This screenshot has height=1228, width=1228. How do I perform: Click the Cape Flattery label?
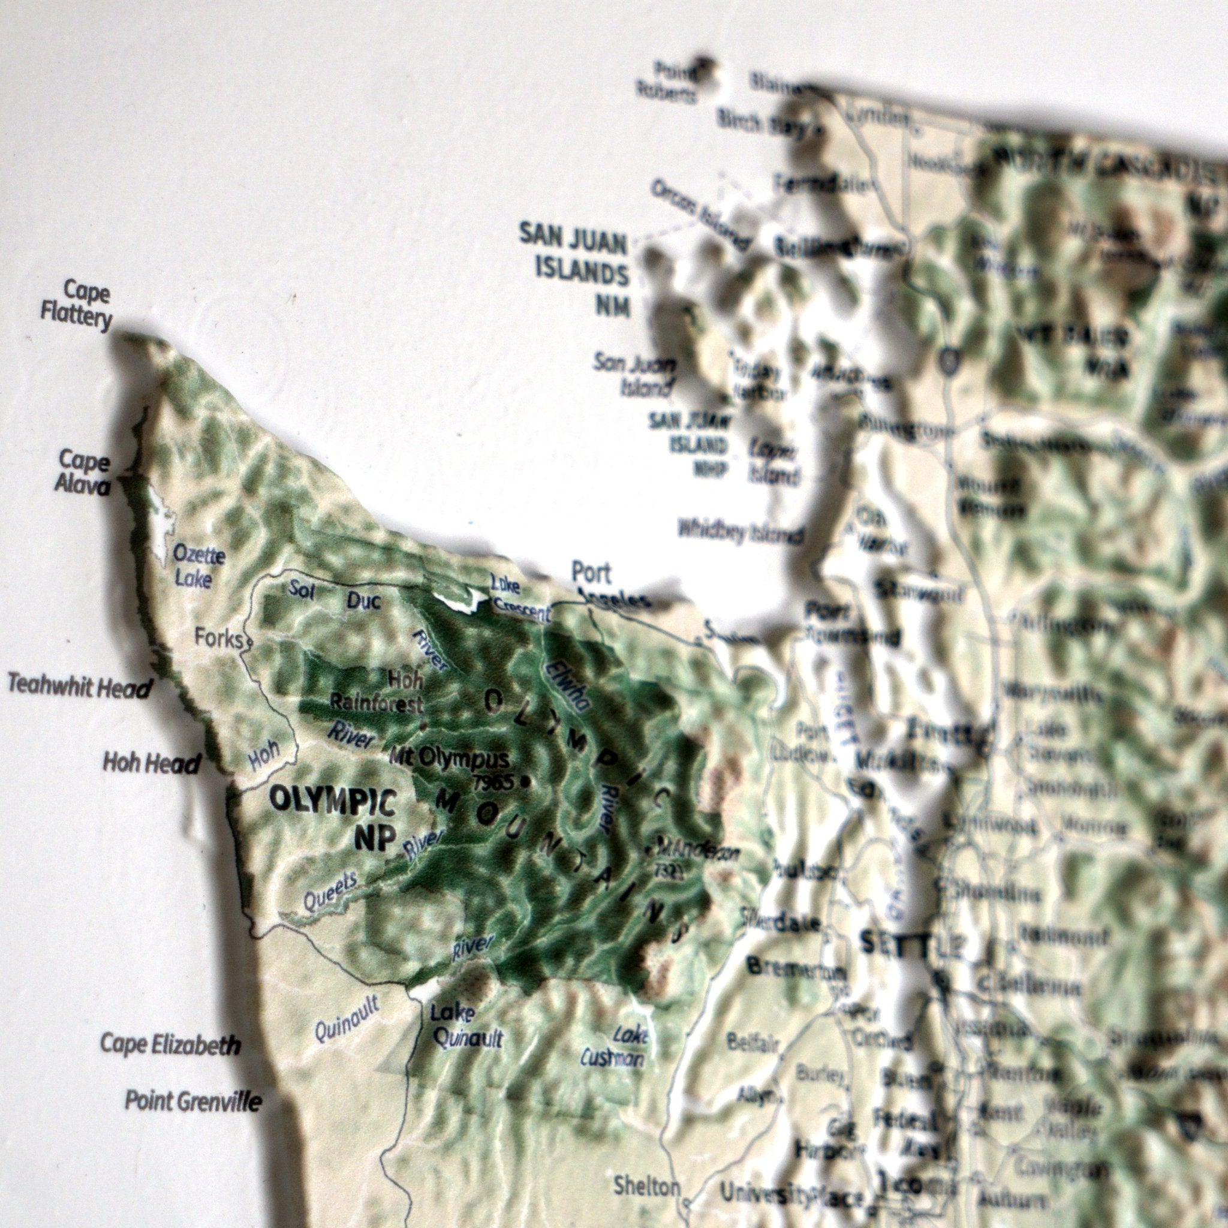click(76, 305)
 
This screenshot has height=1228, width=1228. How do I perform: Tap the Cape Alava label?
click(83, 472)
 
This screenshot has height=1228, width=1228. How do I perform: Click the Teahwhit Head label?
click(80, 687)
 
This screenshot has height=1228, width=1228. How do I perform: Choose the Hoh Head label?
click(152, 763)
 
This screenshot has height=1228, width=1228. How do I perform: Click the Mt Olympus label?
click(449, 759)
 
